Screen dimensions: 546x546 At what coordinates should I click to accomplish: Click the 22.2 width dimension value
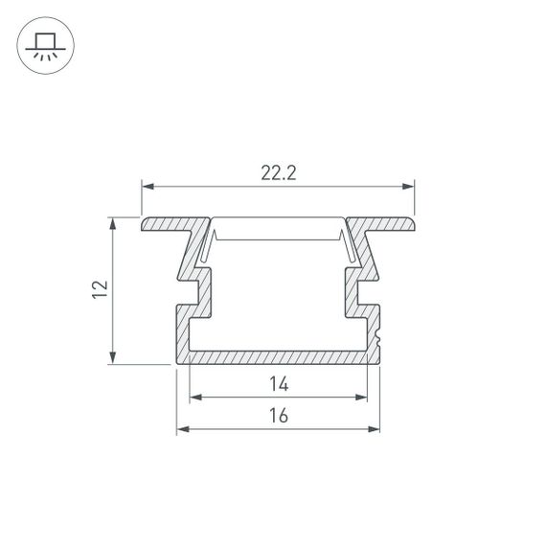click(277, 173)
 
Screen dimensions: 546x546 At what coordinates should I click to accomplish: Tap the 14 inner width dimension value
click(279, 385)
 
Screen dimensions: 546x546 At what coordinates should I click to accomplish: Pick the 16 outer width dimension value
click(279, 416)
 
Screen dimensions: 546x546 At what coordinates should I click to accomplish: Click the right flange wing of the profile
click(385, 225)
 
